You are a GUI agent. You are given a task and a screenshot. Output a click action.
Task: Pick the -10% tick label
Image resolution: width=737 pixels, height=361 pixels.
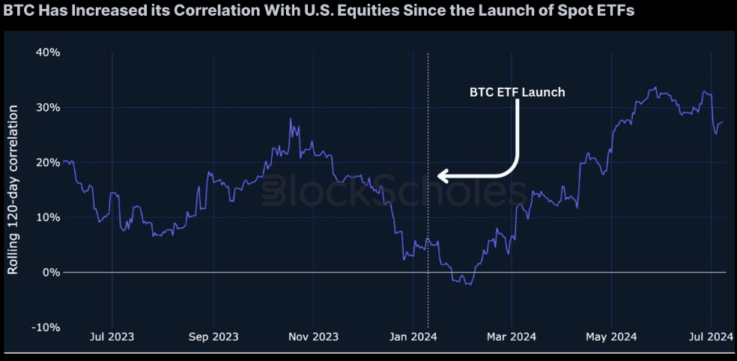pos(47,327)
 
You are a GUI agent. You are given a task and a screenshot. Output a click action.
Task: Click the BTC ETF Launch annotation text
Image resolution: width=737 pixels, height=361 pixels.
pos(517,93)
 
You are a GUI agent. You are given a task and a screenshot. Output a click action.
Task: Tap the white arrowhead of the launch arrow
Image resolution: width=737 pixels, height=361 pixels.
pos(442,177)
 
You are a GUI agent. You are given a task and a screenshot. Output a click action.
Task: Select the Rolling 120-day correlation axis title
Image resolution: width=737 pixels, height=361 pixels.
pos(13,189)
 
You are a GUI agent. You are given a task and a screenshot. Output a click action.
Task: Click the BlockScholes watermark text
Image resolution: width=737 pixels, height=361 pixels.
pos(393,190)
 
